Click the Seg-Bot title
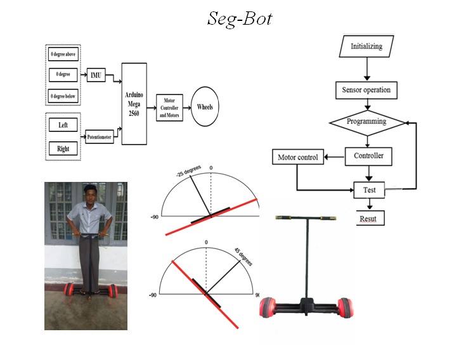240,19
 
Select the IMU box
96,75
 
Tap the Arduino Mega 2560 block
134,104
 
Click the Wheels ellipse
205,106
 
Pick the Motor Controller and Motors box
169,108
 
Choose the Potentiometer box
100,136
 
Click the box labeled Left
63,125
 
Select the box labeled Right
63,148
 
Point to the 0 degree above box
63,54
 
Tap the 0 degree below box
63,96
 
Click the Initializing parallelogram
366,46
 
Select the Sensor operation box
366,90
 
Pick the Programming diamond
367,123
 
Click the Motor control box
298,157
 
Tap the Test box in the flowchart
369,190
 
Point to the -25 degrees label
188,171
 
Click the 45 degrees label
243,257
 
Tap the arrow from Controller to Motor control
335,157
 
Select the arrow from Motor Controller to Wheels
187,108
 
